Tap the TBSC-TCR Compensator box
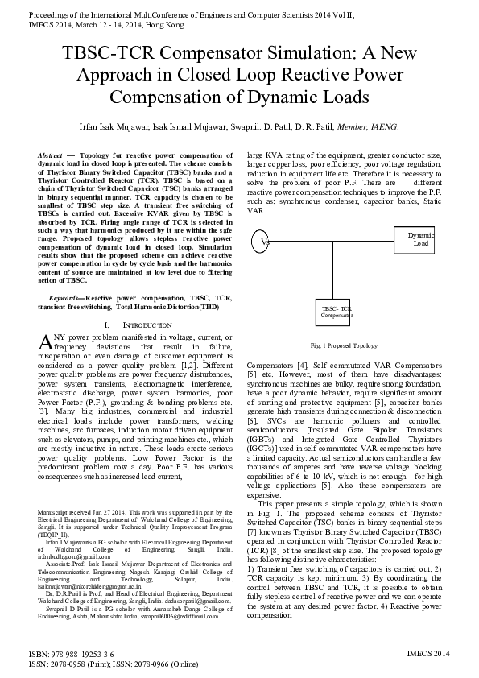[x=336, y=312]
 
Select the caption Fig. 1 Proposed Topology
[x=344, y=345]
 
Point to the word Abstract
[x=51, y=154]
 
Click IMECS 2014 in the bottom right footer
[x=429, y=656]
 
